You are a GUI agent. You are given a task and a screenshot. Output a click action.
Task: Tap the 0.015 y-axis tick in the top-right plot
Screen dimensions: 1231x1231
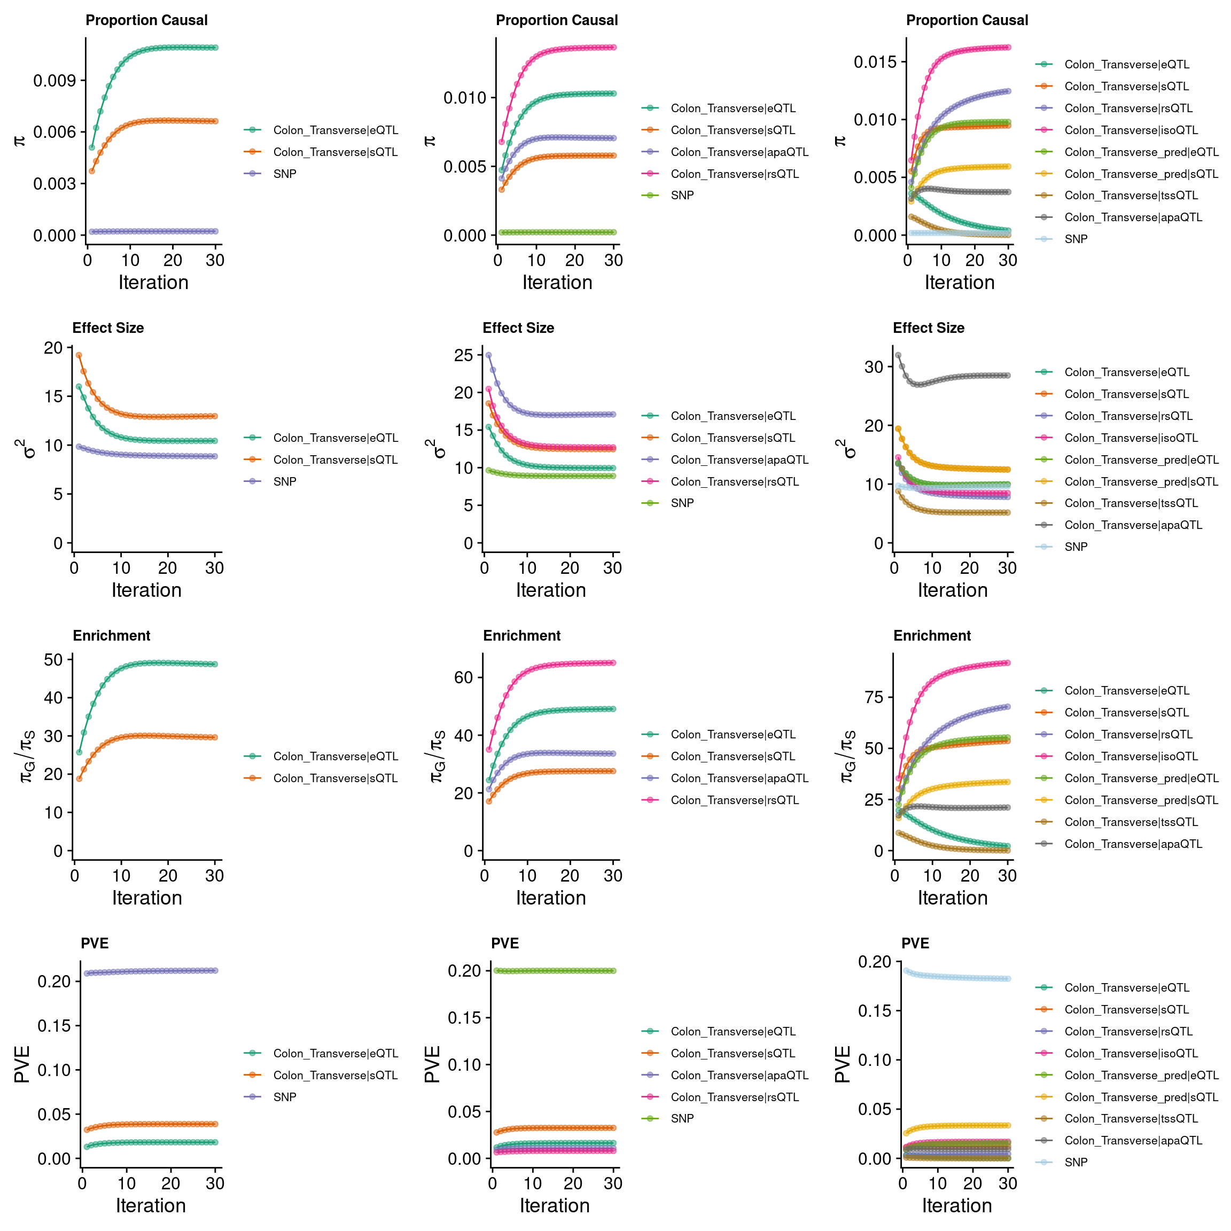pyautogui.click(x=875, y=62)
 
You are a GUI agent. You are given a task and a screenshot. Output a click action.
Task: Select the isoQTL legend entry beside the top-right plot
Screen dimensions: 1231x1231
pyautogui.click(x=1131, y=130)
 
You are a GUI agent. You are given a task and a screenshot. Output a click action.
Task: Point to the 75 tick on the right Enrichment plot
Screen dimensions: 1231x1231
pyautogui.click(x=874, y=697)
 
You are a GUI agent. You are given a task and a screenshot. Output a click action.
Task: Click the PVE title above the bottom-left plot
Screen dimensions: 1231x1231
pyautogui.click(x=94, y=943)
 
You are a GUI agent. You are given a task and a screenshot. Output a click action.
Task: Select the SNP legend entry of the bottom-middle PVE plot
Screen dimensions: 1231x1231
pyautogui.click(x=682, y=1118)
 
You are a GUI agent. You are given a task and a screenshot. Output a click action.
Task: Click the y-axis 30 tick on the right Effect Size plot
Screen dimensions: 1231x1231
pyautogui.click(x=874, y=367)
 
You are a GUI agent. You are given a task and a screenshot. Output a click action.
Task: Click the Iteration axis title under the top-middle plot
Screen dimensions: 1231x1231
pyautogui.click(x=557, y=282)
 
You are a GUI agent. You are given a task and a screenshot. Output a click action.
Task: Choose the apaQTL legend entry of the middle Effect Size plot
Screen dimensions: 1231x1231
pyautogui.click(x=739, y=459)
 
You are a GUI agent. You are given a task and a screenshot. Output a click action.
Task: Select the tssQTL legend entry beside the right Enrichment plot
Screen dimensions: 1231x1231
pyautogui.click(x=1131, y=822)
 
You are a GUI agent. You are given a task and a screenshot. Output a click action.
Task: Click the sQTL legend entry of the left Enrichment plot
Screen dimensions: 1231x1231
pyautogui.click(x=335, y=778)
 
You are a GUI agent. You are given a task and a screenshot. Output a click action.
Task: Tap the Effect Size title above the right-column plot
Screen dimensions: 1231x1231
pyautogui.click(x=929, y=328)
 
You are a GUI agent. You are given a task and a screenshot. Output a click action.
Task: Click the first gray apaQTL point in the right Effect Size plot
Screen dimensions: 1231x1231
pyautogui.click(x=898, y=355)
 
